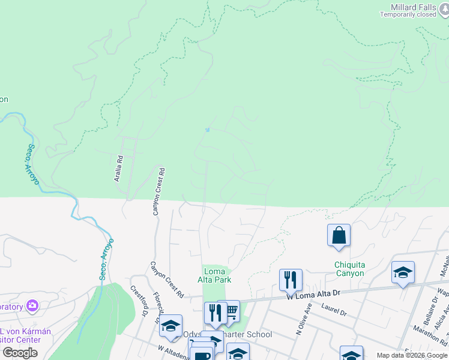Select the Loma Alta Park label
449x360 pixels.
[x=214, y=275]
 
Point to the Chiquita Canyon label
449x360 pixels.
[x=349, y=269]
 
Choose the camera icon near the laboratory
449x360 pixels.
[x=32, y=306]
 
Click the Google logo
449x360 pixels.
[x=20, y=353]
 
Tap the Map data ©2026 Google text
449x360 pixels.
[x=412, y=355]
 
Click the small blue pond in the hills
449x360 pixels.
[x=208, y=129]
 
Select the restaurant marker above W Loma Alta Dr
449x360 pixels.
[x=291, y=279]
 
